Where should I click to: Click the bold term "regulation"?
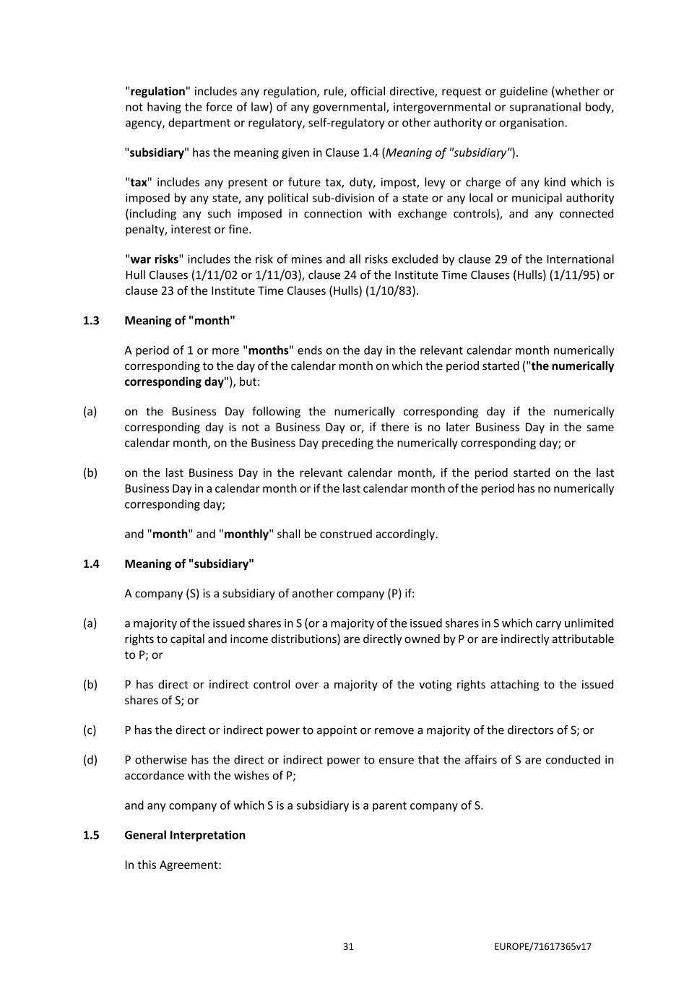point(157,92)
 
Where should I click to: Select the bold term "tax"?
point(138,183)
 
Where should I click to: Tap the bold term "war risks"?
point(154,259)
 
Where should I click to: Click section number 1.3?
point(91,321)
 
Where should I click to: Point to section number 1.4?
point(91,564)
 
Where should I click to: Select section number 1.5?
point(91,835)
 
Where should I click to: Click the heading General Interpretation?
point(185,835)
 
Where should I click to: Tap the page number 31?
point(348,947)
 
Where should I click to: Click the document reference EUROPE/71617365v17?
point(543,947)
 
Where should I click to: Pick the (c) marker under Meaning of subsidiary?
point(90,730)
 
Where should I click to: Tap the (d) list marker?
point(90,760)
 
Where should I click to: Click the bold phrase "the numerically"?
point(572,366)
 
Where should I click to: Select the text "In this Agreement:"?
point(173,865)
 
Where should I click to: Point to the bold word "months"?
point(268,351)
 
